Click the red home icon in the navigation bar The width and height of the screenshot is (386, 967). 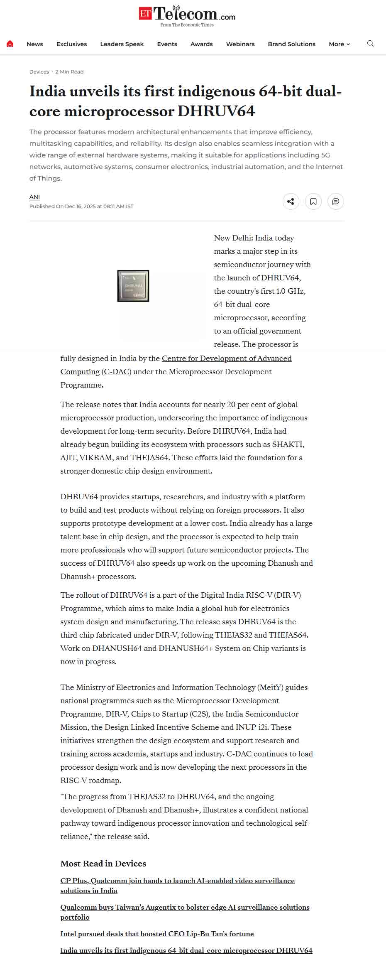pos(10,44)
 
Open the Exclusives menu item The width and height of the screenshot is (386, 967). pos(71,44)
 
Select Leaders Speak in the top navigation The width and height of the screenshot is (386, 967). pos(122,44)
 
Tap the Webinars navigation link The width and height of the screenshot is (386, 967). pos(240,44)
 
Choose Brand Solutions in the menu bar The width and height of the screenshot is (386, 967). pos(291,44)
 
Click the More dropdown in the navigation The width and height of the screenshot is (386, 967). pos(339,44)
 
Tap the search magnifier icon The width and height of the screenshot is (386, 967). pos(370,44)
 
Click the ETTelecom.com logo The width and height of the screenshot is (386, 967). pos(187,16)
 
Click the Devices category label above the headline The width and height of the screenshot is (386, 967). pos(39,72)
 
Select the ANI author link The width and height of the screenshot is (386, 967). pos(34,197)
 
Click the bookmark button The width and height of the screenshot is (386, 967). pos(313,201)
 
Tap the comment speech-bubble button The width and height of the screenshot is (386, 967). pos(336,201)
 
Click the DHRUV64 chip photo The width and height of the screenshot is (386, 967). pos(133,286)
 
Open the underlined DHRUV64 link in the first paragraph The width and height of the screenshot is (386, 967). pos(280,278)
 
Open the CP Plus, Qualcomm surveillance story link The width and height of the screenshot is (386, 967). pos(177,881)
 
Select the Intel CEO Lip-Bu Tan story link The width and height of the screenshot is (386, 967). pos(157,934)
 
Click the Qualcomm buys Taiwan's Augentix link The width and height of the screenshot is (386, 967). pos(185,907)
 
